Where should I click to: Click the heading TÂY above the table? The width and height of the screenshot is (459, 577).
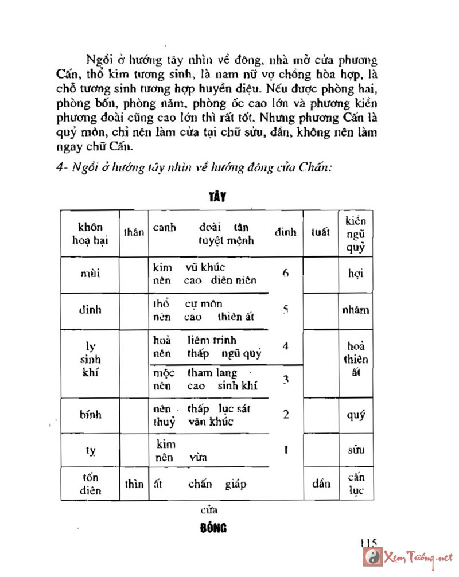pos(217,197)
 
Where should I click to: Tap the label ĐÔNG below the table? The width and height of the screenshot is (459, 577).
pos(215,528)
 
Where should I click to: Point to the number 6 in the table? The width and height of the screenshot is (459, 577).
pos(285,273)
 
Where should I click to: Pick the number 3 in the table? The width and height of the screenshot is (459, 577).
pos(285,379)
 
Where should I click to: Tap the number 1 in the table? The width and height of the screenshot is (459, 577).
pos(285,450)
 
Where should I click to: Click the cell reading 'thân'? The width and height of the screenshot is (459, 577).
pos(134,233)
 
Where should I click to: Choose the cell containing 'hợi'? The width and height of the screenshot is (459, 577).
pos(356,274)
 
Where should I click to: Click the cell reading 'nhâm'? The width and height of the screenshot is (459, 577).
pos(356,310)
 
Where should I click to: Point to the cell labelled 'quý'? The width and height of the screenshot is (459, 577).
pos(356,415)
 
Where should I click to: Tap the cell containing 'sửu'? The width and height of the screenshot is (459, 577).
pos(356,451)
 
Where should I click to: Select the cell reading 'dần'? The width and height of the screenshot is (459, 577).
pos(321,484)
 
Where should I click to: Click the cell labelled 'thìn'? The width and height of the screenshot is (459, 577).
pos(134,484)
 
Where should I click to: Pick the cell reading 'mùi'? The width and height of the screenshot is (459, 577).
pos(90,274)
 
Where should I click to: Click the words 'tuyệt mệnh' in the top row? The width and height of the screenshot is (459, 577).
pos(225,240)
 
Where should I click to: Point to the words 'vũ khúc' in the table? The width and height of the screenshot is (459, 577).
pos(205,267)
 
